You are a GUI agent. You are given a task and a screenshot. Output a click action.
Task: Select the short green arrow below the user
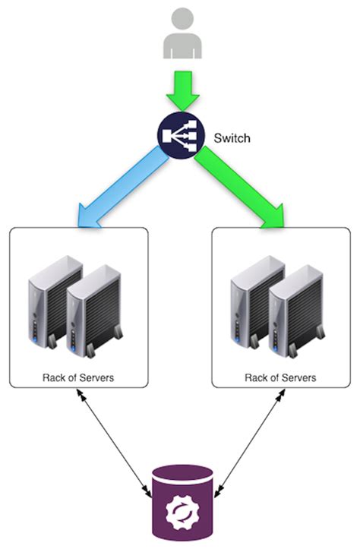182,90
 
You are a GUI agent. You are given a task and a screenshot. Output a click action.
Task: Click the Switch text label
232,139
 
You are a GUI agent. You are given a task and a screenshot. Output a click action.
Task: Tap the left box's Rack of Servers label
78,377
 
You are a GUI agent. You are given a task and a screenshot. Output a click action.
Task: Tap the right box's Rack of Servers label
280,377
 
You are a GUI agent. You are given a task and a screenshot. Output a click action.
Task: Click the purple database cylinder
180,505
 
